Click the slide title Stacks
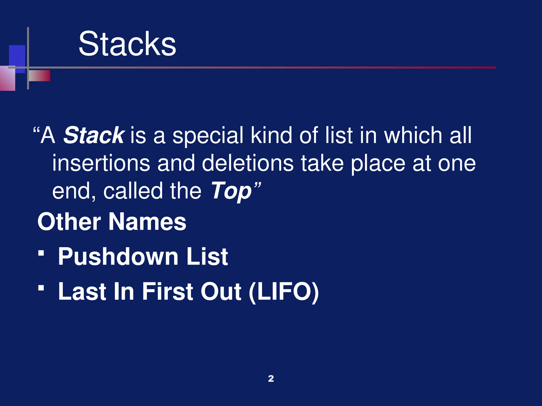pos(127,44)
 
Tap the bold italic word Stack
pos(93,135)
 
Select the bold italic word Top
pos(231,191)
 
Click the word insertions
pos(101,163)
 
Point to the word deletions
pos(248,163)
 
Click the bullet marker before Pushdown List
pos(41,253)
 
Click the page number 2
pos(271,379)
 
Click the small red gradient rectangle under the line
pos(39,76)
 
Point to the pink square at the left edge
pos(7,79)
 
